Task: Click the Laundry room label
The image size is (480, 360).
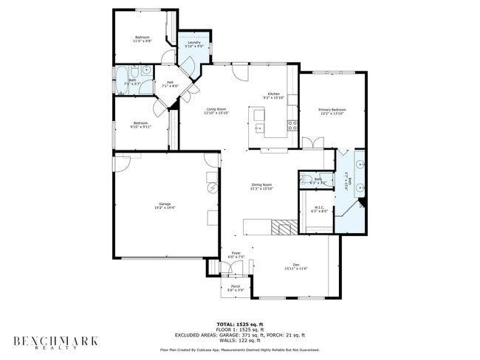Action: pyautogui.click(x=194, y=43)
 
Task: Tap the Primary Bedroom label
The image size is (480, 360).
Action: pyautogui.click(x=332, y=110)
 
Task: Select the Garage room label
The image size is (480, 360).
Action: pyautogui.click(x=165, y=204)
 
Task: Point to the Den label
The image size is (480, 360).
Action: pyautogui.click(x=295, y=264)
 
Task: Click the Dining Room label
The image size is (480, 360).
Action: pyautogui.click(x=261, y=184)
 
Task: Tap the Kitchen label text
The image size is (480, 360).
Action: pyautogui.click(x=273, y=94)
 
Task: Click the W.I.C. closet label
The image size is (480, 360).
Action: pyautogui.click(x=320, y=207)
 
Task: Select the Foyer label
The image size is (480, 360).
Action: pyautogui.click(x=236, y=253)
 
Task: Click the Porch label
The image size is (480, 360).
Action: pyautogui.click(x=236, y=286)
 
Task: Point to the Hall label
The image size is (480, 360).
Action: pyautogui.click(x=170, y=82)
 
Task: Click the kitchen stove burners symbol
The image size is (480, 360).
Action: pyautogui.click(x=292, y=124)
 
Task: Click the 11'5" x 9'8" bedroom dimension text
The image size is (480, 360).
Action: pyautogui.click(x=142, y=41)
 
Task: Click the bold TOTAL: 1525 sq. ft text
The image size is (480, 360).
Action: pyautogui.click(x=239, y=324)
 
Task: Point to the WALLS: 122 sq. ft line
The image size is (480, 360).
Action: pyautogui.click(x=239, y=340)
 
